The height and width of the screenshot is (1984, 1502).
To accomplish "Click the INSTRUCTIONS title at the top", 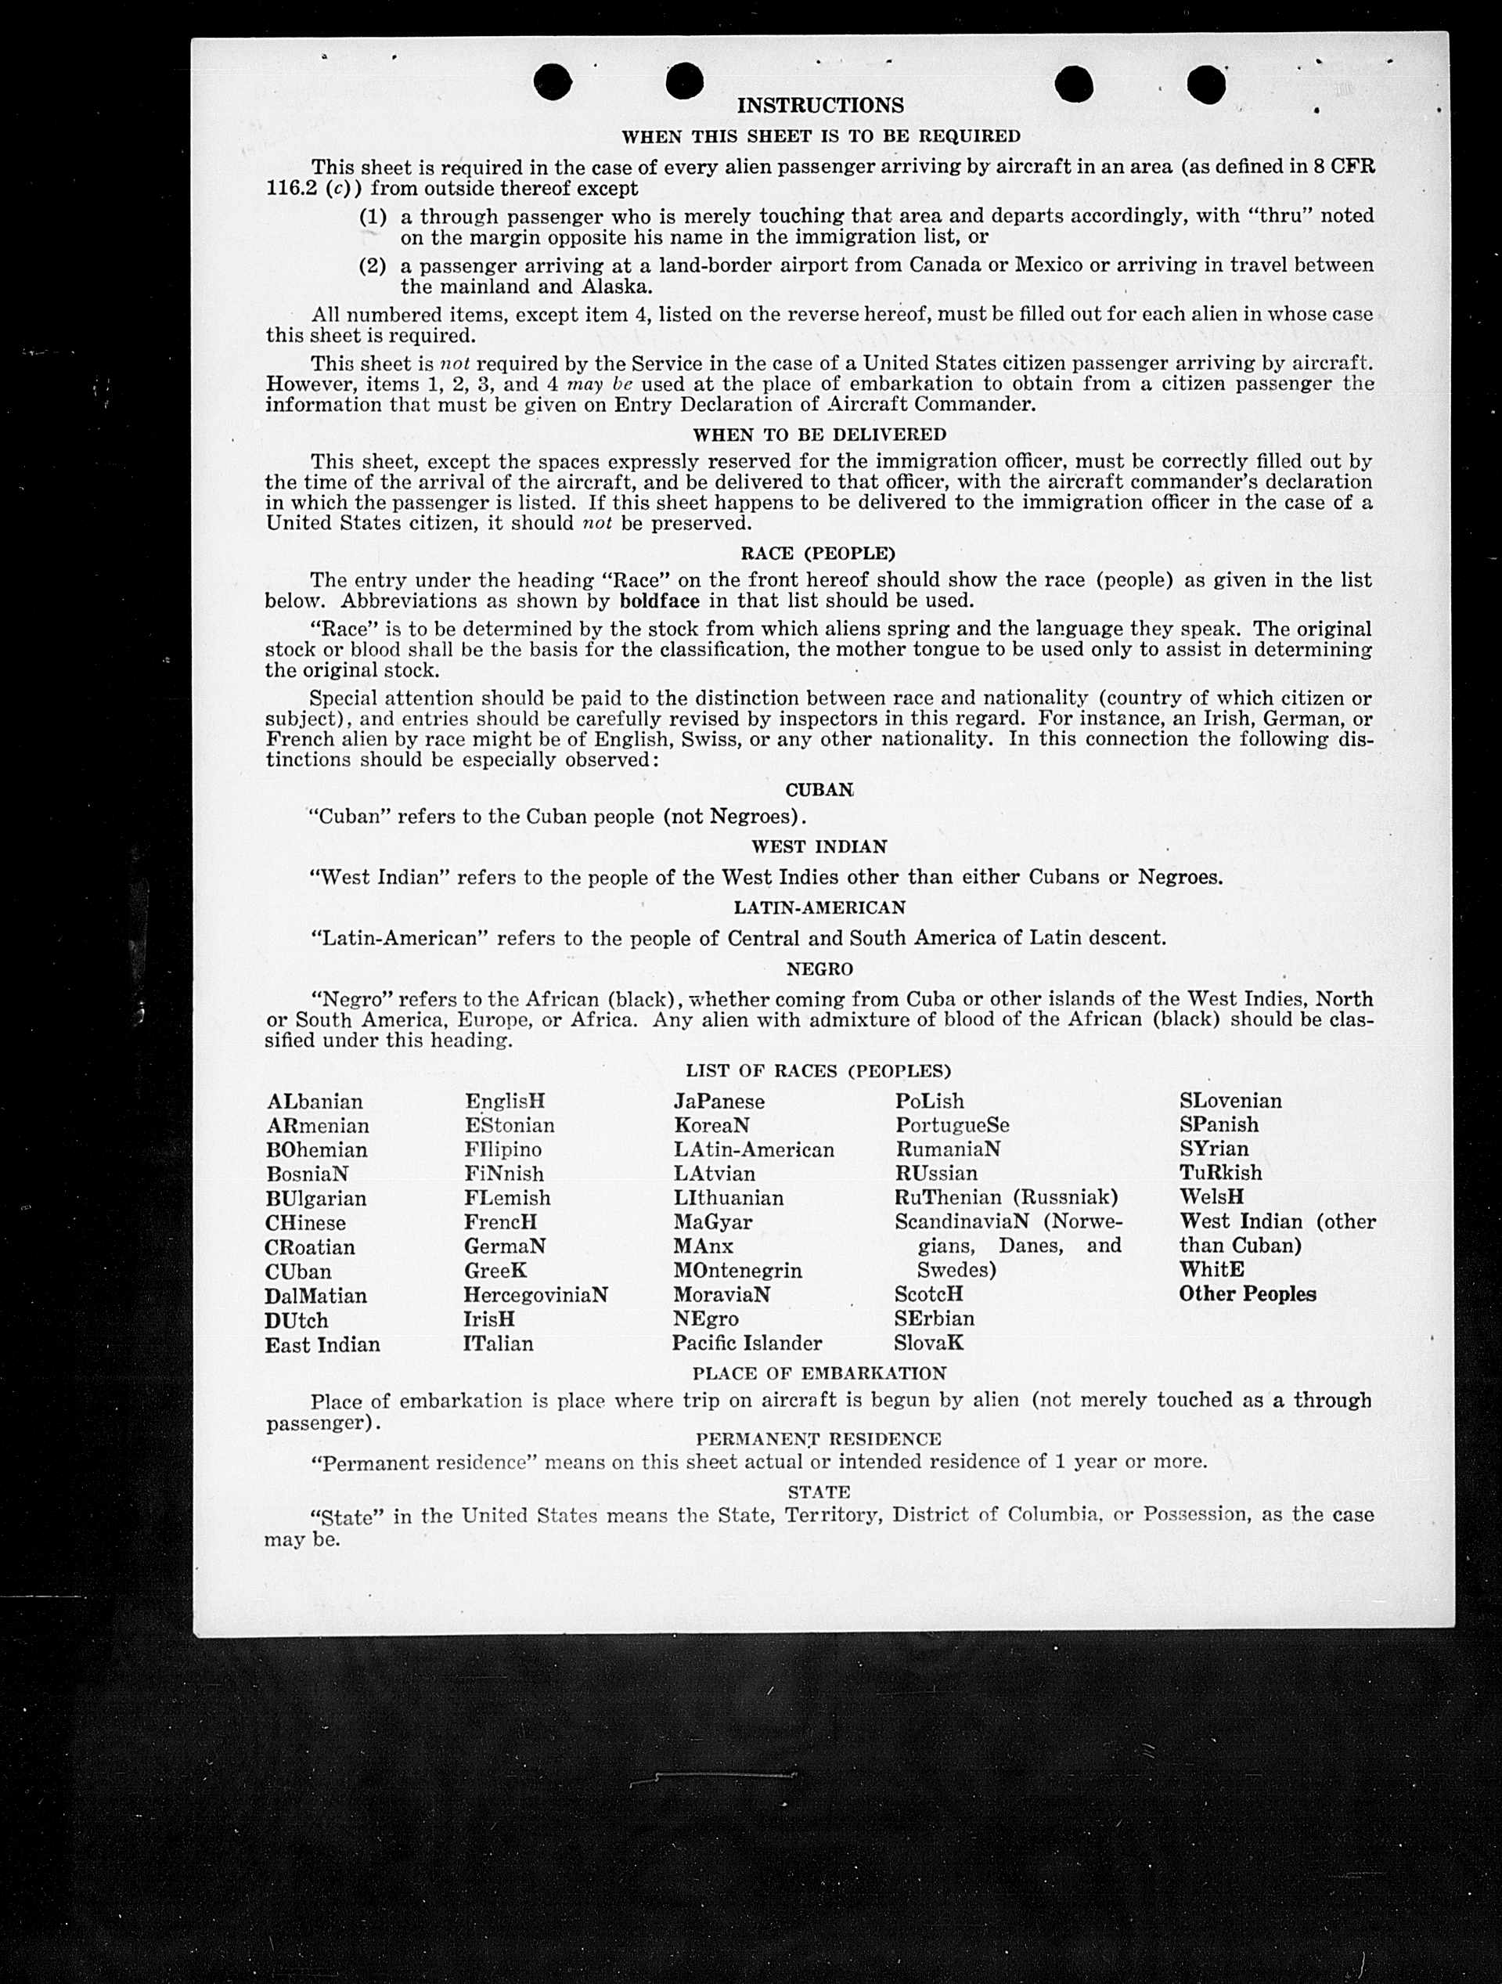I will (x=819, y=106).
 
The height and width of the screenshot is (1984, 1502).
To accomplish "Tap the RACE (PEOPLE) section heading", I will (x=818, y=554).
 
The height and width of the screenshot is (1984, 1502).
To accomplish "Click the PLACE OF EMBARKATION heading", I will (x=819, y=1373).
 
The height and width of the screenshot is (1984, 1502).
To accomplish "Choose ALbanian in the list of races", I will (x=315, y=1102).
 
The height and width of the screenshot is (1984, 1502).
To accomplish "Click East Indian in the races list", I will (x=322, y=1344).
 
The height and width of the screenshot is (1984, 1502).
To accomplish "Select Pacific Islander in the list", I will (x=747, y=1343).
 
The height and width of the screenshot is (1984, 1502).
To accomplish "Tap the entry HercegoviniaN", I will (x=535, y=1295).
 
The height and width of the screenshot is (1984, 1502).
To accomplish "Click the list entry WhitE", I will (x=1212, y=1269).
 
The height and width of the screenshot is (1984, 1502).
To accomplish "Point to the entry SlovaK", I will (x=928, y=1343).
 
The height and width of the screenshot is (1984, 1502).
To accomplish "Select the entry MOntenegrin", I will (x=738, y=1270).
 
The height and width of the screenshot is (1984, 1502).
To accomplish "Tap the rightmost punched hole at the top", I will (x=1206, y=85).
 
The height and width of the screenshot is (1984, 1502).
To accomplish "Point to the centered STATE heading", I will (x=819, y=1492).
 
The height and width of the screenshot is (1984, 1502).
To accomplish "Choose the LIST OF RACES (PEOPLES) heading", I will (x=818, y=1071).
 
